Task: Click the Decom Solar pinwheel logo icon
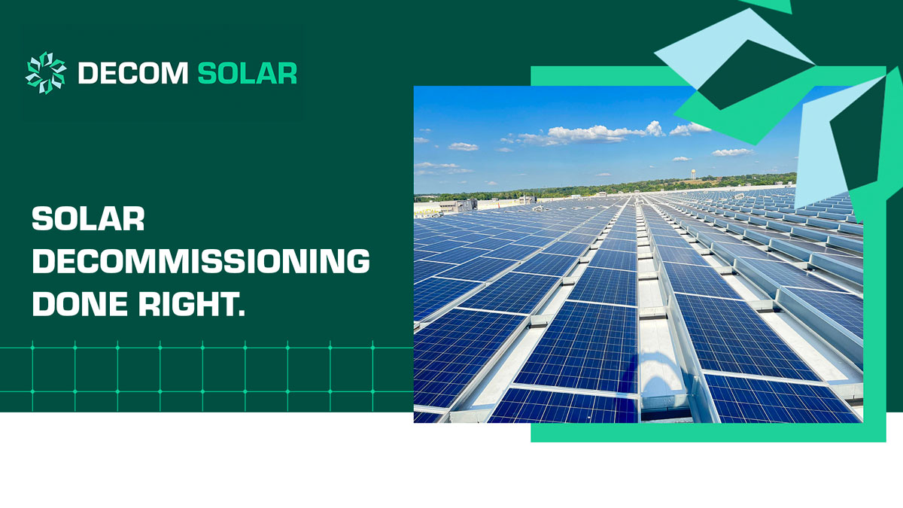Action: click(46, 73)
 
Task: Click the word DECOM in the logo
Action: click(132, 74)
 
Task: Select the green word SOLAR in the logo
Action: click(247, 74)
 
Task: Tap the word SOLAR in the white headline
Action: click(88, 220)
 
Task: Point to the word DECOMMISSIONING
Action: click(201, 261)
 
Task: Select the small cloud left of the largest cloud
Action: click(463, 146)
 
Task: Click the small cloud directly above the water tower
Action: click(681, 159)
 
